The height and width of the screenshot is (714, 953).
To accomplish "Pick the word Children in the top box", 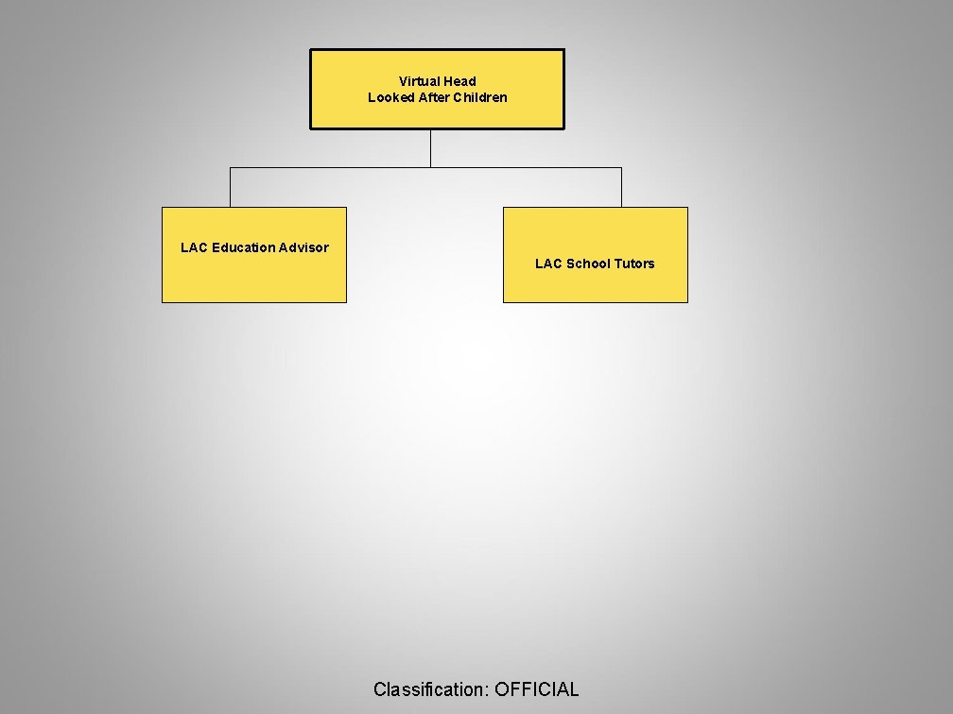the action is click(x=479, y=97).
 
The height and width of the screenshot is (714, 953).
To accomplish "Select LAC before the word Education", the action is click(x=194, y=247).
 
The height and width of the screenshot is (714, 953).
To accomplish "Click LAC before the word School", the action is click(x=548, y=263).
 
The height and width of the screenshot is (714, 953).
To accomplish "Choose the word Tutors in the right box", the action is click(x=633, y=263).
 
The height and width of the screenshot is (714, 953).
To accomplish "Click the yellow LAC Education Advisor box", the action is click(x=253, y=279).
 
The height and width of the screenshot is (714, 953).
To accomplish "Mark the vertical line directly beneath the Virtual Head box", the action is click(x=430, y=147).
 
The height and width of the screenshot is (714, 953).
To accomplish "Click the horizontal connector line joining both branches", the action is click(x=331, y=168).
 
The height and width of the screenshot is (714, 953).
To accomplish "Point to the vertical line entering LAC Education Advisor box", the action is click(x=230, y=187).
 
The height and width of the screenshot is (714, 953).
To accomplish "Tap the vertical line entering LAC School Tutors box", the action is click(x=621, y=187).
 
